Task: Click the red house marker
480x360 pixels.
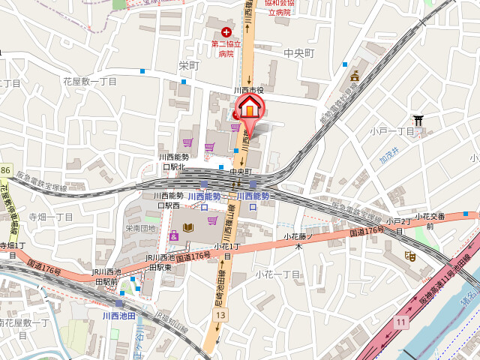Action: (x=248, y=110)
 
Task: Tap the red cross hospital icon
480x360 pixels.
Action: (x=226, y=32)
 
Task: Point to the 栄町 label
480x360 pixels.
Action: (x=189, y=66)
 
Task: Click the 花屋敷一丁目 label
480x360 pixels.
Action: (x=90, y=81)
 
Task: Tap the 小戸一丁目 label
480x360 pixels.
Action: (x=391, y=131)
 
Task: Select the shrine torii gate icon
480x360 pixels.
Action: (x=418, y=119)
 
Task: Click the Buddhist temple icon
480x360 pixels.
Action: (x=355, y=74)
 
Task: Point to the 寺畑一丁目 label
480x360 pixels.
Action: (x=51, y=217)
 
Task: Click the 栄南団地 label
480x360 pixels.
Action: (x=140, y=228)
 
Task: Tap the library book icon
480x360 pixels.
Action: (x=187, y=226)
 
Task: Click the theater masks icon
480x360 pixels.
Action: (x=410, y=256)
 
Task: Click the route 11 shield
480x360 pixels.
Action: (x=401, y=322)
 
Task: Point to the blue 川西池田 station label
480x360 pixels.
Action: (x=118, y=316)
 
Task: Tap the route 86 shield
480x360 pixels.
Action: (x=5, y=172)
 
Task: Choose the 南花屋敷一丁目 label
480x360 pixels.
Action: (x=24, y=322)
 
